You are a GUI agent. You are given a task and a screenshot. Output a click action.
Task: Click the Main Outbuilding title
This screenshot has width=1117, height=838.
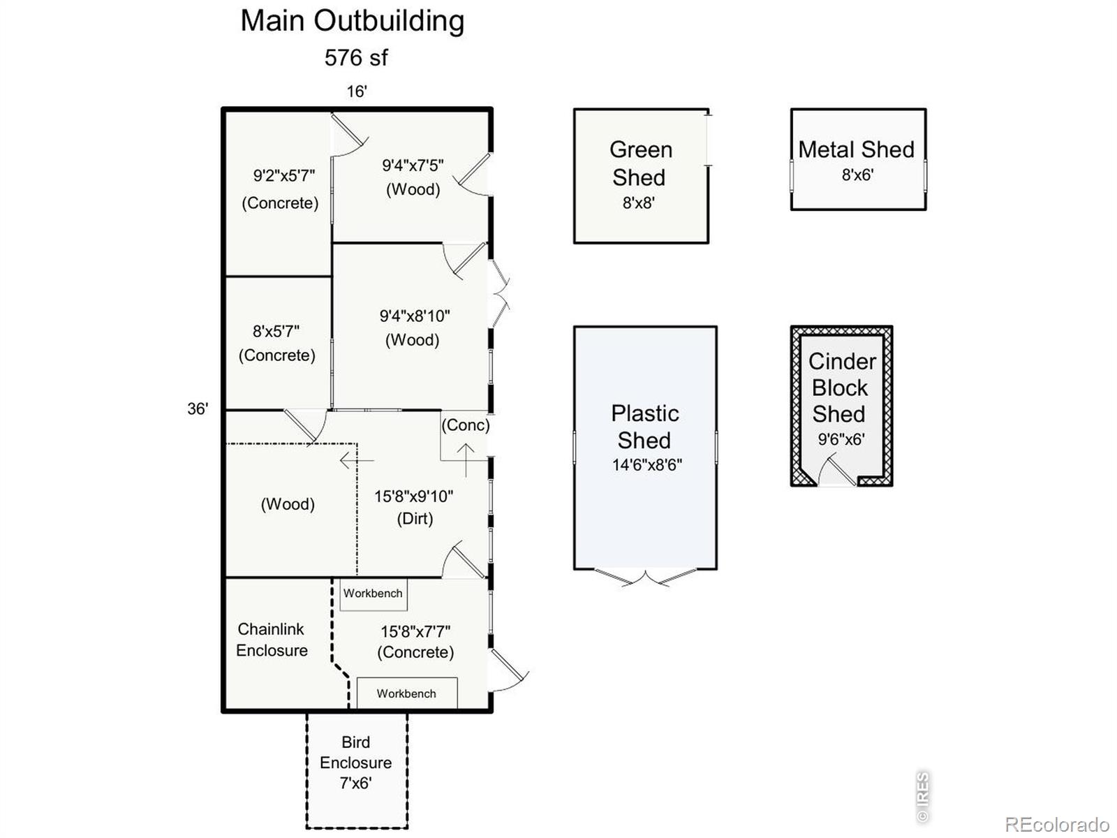pos(352,22)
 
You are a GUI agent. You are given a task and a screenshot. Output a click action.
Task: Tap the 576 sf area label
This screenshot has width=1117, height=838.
pos(356,57)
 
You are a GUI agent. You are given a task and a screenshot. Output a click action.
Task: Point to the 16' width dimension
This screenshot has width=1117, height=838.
pos(357,91)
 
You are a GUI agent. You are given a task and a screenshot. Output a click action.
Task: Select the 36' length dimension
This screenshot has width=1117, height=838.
pos(198,409)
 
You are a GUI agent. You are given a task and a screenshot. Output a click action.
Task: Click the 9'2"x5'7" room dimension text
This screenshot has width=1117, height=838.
pos(284,175)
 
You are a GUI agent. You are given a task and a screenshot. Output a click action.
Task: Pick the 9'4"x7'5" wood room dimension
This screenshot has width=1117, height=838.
pos(413,166)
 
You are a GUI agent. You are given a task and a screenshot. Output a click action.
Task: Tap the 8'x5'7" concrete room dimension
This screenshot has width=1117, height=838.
pos(276,331)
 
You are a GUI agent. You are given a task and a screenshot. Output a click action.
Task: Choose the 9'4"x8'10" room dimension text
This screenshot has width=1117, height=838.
pos(415,316)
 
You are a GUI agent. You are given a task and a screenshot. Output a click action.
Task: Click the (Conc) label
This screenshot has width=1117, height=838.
pos(466,425)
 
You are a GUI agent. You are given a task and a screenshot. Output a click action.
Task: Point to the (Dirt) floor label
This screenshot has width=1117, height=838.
pos(415,518)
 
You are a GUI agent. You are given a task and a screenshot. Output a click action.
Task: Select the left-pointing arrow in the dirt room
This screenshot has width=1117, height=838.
pos(357,460)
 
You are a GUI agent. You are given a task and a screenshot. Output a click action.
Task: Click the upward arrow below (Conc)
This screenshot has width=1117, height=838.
pos(466,460)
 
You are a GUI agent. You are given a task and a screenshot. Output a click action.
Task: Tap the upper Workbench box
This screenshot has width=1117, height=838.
pos(373,594)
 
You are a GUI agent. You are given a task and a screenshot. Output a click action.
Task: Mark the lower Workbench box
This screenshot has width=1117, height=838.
pos(407,693)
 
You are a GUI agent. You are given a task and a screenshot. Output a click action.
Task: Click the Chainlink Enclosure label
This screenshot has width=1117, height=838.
pos(272,640)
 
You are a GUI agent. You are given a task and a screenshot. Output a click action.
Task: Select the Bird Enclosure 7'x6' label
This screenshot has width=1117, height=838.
pos(356,762)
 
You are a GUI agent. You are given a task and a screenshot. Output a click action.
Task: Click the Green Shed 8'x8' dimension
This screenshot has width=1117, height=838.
pos(639,203)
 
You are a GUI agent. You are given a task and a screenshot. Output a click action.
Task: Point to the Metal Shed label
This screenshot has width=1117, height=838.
pos(856,149)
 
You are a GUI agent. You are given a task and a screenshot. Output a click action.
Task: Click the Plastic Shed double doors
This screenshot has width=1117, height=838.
pos(645,578)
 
